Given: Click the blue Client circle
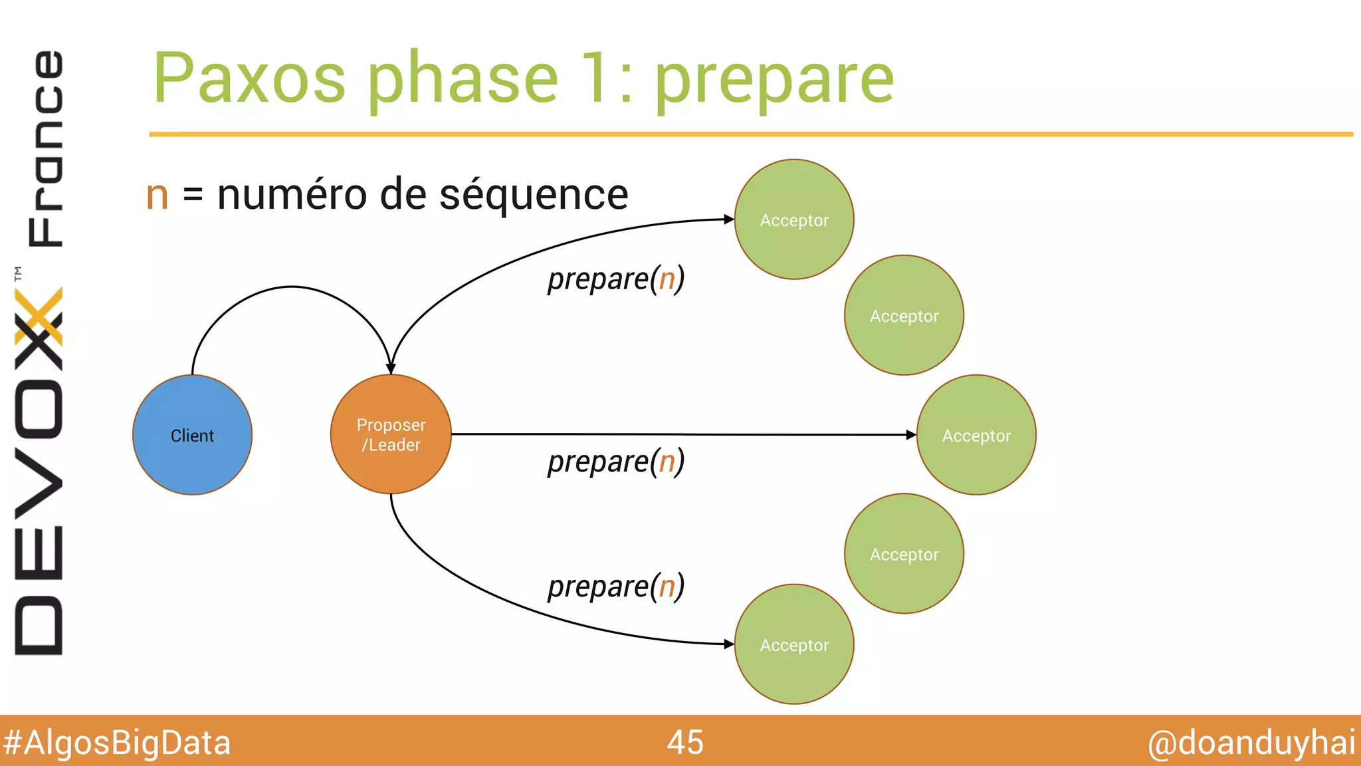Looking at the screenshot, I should coord(192,435).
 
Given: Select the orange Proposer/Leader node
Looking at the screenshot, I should coord(391,434).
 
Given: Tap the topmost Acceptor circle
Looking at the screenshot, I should coord(794,219).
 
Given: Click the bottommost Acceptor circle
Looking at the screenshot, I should coord(794,644).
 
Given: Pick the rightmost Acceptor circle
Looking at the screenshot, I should coord(976,435).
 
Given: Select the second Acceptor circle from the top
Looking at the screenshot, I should coord(904,315).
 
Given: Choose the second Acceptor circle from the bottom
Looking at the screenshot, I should coord(904,553).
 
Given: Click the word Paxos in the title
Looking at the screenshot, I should coord(249,78).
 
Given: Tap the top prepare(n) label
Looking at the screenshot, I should coord(615,279).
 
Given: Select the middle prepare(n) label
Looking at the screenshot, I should coord(615,461).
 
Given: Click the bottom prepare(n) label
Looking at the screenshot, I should coord(615,586).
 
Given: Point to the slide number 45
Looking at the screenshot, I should coord(685,742).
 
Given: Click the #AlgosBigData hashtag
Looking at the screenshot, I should coord(116,743).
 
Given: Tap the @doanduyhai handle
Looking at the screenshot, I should coord(1251,743).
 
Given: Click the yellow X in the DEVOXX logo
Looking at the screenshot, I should coord(39,316).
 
